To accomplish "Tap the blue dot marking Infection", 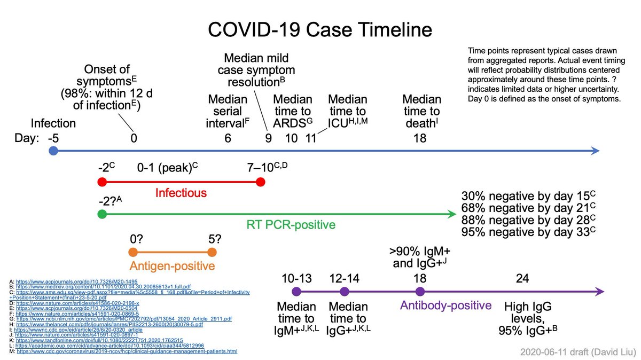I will pyautogui.click(x=53, y=151).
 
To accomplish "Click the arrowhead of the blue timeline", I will pyautogui.click(x=595, y=151).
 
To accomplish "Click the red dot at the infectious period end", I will pyautogui.click(x=261, y=182).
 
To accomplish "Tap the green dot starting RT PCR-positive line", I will pyautogui.click(x=101, y=215).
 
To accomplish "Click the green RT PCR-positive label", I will pyautogui.click(x=291, y=225).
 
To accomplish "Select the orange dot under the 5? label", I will pyautogui.click(x=212, y=253).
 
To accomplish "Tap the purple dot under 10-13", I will pyautogui.click(x=296, y=292).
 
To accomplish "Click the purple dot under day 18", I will pyautogui.click(x=420, y=292).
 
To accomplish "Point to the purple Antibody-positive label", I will pyautogui.click(x=445, y=306).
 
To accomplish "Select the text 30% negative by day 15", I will pyautogui.click(x=527, y=195).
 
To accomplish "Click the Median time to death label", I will pyautogui.click(x=421, y=111).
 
